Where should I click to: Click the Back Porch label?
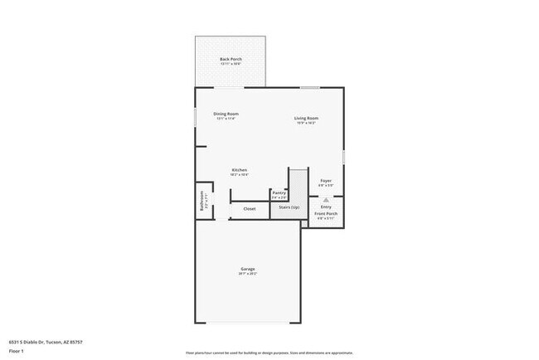[230, 59]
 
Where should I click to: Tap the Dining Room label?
[226, 114]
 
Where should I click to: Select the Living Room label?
[306, 118]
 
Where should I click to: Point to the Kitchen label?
[239, 170]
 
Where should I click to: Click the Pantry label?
[279, 192]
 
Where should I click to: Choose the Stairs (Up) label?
[289, 207]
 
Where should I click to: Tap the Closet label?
[250, 208]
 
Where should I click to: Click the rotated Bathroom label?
[202, 203]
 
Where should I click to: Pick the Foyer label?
[326, 181]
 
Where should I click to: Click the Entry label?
[326, 207]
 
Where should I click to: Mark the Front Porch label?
[326, 214]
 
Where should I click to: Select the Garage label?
[248, 269]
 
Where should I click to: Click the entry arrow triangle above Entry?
[326, 200]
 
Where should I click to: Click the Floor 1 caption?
[17, 352]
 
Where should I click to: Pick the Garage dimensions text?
[248, 274]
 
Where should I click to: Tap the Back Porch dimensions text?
[230, 64]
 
